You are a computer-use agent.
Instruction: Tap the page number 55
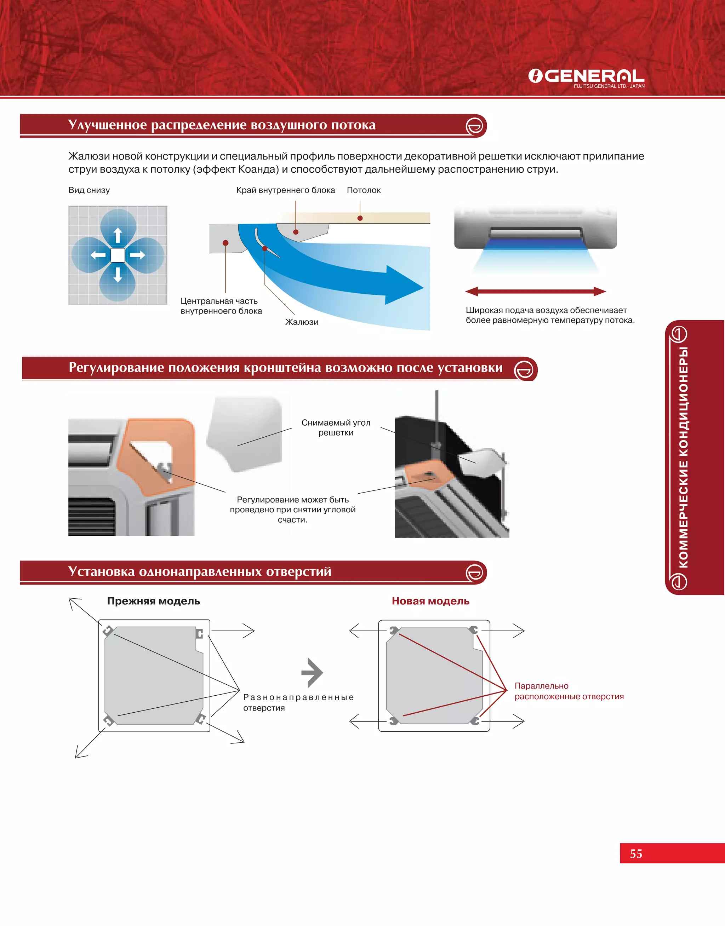click(x=636, y=853)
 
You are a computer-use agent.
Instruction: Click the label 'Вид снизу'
click(x=89, y=190)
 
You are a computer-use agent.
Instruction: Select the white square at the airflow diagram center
click(x=118, y=255)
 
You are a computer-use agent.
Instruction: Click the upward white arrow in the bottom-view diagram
click(x=118, y=235)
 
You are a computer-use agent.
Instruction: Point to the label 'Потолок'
click(x=363, y=190)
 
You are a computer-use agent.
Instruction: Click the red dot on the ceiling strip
click(x=360, y=218)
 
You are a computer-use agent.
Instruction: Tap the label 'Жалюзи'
click(x=302, y=322)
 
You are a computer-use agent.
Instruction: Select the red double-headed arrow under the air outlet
click(x=535, y=291)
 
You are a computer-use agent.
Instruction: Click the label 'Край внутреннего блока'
click(x=285, y=190)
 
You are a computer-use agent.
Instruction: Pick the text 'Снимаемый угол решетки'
click(x=336, y=427)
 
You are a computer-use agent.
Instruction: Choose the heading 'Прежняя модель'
click(x=153, y=601)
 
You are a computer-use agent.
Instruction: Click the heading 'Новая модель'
click(x=430, y=601)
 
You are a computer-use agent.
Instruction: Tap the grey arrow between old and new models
click(x=313, y=672)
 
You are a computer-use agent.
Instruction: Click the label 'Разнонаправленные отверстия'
click(x=298, y=702)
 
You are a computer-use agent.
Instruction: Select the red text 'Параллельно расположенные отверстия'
click(x=569, y=691)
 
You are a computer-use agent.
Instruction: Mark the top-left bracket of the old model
click(x=108, y=631)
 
